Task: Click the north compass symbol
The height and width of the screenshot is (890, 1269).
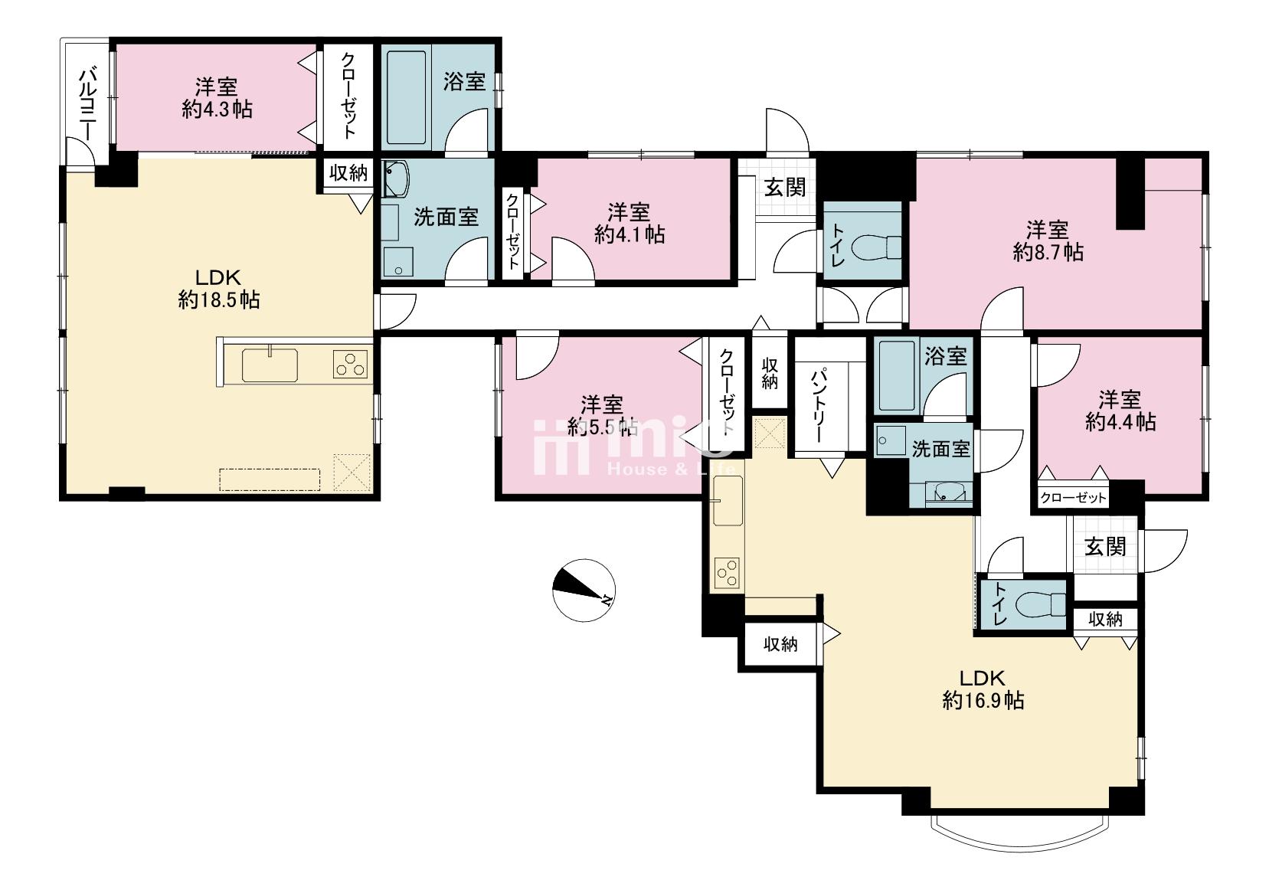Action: coord(584,590)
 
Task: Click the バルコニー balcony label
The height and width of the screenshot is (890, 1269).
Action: coord(87,104)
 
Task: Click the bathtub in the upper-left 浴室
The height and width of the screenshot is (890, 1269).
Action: coord(406,98)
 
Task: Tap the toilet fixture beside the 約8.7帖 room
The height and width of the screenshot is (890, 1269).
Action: coord(876,247)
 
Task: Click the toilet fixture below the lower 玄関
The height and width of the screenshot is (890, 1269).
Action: coord(1040,604)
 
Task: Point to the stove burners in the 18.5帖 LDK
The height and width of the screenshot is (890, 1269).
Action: coord(350,365)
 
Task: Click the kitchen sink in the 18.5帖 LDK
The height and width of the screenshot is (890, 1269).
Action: coord(270,365)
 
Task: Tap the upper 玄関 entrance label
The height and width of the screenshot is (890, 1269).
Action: coord(785,188)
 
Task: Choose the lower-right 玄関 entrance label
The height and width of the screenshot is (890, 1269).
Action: coord(1105,547)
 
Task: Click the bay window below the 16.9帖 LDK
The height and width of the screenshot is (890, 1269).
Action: coord(1019,833)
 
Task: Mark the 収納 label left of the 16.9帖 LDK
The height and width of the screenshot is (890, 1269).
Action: coord(780,644)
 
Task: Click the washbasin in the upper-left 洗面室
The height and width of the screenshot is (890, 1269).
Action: coord(396,178)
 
